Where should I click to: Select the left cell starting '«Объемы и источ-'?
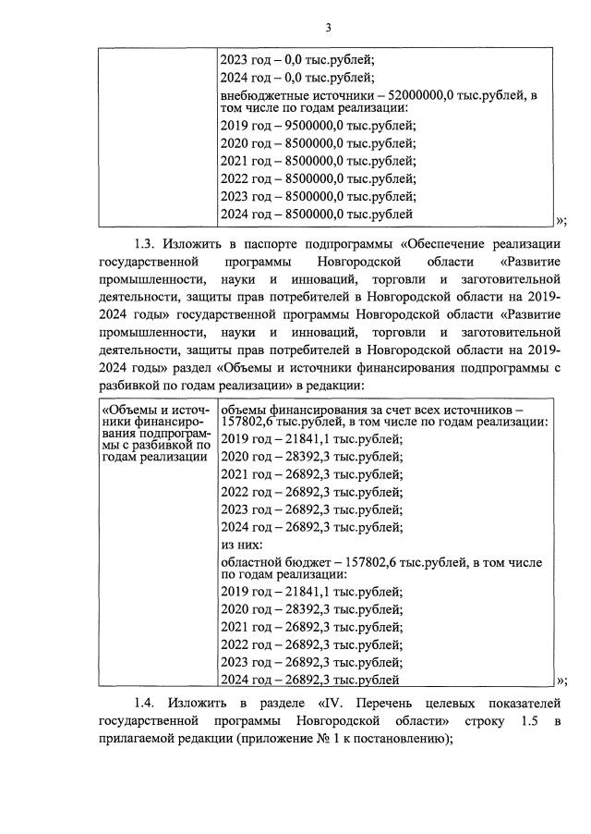pos(154,433)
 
